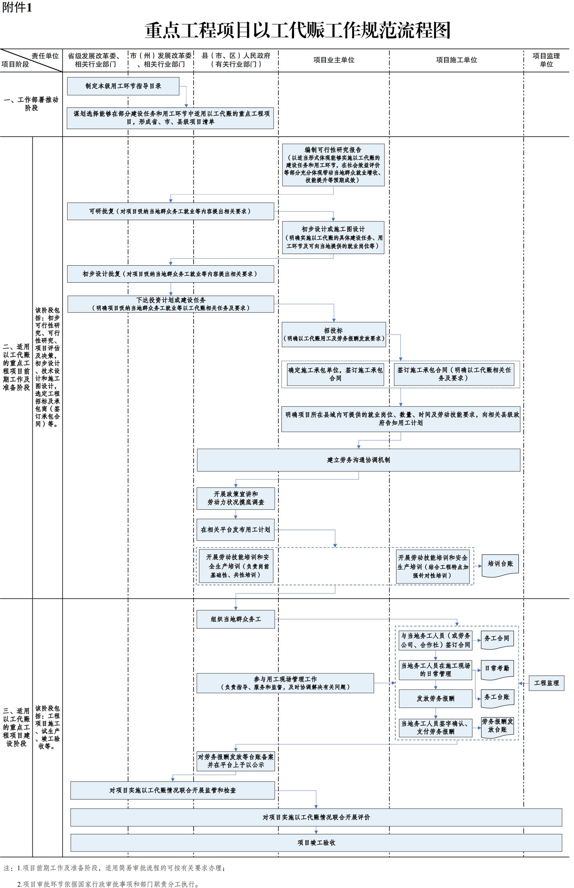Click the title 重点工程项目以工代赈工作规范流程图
pos(297,30)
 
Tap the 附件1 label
pos(17,7)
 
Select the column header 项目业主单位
pos(334,60)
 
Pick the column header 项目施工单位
pos(456,60)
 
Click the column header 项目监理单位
pos(546,60)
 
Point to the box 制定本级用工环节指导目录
pos(123,86)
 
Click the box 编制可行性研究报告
pos(333,165)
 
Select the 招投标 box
pos(334,334)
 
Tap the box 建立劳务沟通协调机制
pos(358,460)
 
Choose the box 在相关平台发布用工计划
pos(236,530)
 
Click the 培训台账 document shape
pos(500,565)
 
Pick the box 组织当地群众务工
pos(236,619)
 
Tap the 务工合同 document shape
pos(497,639)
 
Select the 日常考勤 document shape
pos(497,668)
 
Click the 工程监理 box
pos(546,683)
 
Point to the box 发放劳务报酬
pos(435,698)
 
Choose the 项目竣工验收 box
pos(316,842)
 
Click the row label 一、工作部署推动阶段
pos(31,104)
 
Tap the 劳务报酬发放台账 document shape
pos(497,726)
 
